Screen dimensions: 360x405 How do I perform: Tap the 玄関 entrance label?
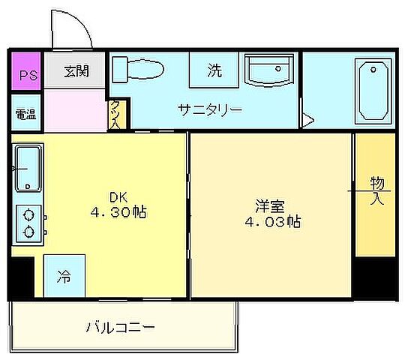(x=76, y=72)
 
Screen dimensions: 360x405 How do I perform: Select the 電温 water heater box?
(x=25, y=113)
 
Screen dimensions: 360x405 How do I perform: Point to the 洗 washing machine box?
(x=214, y=71)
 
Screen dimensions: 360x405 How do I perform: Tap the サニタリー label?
(x=210, y=110)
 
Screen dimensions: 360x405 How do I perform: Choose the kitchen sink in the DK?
(x=27, y=169)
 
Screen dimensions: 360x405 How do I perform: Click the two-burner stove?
(x=28, y=222)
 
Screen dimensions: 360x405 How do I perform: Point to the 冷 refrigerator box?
(x=64, y=276)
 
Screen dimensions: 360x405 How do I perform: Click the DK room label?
(x=117, y=197)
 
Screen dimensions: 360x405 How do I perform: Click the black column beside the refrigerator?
(x=22, y=277)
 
